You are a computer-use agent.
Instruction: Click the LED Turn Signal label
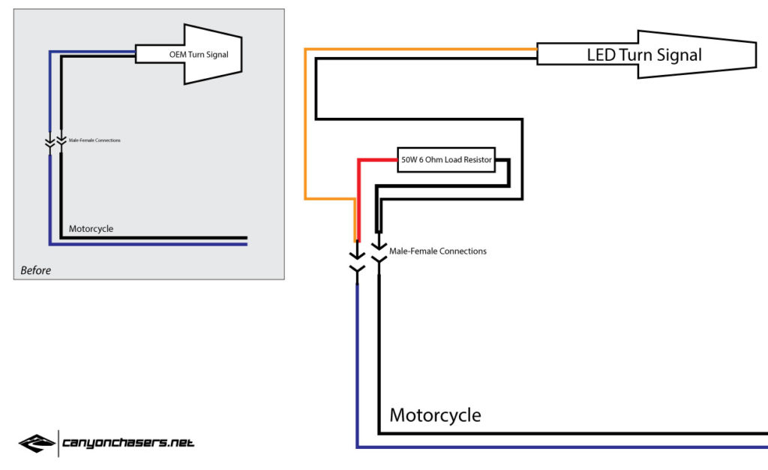click(x=644, y=55)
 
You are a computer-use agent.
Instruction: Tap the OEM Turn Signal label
click(x=199, y=54)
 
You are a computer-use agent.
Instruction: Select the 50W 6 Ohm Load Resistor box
click(x=446, y=160)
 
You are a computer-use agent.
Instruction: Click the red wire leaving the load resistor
click(x=358, y=196)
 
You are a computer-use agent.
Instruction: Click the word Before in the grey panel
click(x=36, y=270)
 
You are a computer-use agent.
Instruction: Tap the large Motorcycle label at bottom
click(x=435, y=415)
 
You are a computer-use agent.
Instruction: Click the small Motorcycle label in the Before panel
click(x=91, y=229)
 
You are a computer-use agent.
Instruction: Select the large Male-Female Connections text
click(x=438, y=251)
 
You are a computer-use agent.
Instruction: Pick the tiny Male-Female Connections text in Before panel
click(x=94, y=140)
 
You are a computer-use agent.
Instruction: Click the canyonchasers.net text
click(x=128, y=443)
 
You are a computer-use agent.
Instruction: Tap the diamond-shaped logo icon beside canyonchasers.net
click(x=37, y=443)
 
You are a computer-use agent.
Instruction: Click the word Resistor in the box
click(x=478, y=160)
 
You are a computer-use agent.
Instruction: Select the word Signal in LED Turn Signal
click(x=679, y=55)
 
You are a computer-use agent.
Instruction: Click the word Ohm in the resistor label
click(x=433, y=160)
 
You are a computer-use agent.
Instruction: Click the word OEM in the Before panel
click(x=177, y=54)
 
